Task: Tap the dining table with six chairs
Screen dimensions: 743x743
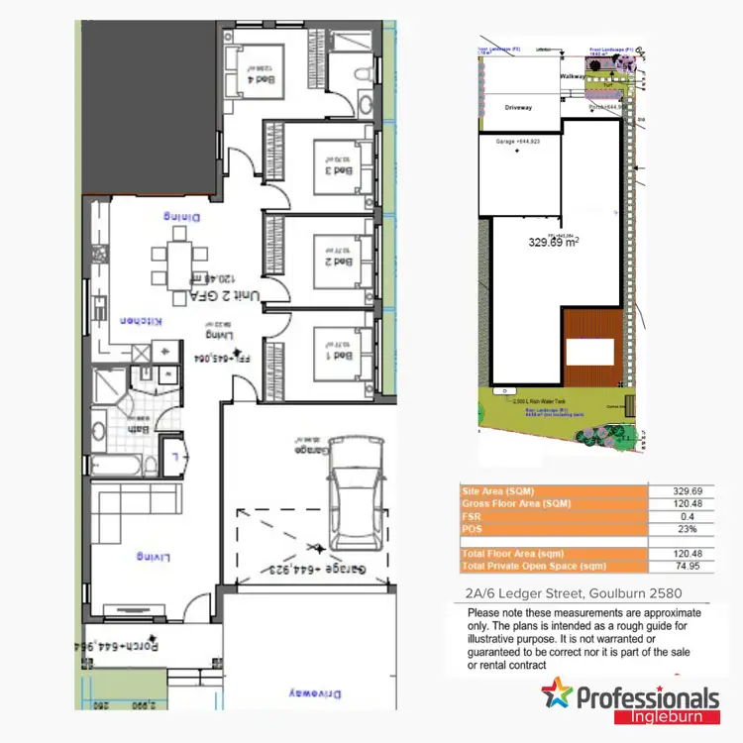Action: [x=178, y=259]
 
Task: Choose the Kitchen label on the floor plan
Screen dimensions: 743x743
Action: [x=141, y=321]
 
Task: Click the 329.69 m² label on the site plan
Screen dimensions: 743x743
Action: [x=554, y=241]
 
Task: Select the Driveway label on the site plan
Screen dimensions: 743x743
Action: [x=519, y=106]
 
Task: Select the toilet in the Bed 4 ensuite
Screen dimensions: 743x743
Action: [x=365, y=75]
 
